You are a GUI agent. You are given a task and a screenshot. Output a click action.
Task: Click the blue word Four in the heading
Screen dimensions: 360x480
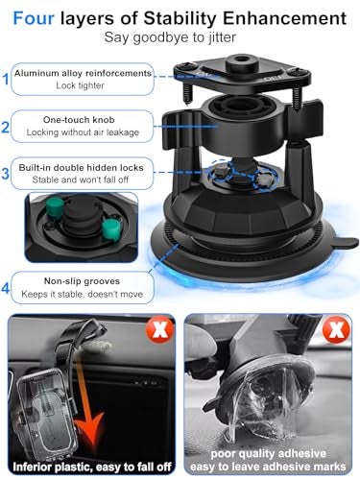click(x=34, y=18)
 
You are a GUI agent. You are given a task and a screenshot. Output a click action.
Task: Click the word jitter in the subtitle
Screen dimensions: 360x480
click(x=222, y=37)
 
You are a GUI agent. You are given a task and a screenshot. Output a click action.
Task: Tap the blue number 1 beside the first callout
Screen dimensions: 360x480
click(x=6, y=79)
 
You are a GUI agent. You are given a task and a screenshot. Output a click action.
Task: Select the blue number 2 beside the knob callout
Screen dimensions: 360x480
click(x=6, y=127)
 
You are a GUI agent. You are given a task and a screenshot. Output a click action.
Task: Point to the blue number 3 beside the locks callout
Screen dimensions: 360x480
click(x=6, y=174)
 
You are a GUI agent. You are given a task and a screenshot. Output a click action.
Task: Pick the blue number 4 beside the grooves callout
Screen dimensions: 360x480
click(x=6, y=288)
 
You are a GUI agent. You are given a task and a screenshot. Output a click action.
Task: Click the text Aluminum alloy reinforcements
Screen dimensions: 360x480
click(x=83, y=73)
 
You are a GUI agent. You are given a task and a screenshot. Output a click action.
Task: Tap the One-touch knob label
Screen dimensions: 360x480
click(x=79, y=120)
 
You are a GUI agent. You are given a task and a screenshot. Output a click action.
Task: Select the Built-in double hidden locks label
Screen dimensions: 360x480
click(x=81, y=168)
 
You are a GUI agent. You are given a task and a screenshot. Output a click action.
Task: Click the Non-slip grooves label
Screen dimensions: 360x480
click(x=82, y=281)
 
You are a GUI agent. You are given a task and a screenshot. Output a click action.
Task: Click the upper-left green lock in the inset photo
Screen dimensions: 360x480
click(x=55, y=207)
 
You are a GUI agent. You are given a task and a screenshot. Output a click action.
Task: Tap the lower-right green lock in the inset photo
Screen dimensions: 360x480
click(x=111, y=229)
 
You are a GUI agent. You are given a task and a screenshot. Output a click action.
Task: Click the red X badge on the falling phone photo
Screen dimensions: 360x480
click(x=159, y=329)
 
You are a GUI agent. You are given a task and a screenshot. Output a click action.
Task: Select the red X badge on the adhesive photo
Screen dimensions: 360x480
click(x=337, y=329)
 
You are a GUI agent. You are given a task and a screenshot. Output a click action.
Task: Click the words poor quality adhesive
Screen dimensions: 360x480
click(x=268, y=454)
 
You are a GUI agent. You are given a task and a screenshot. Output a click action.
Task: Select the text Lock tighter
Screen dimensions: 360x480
click(x=80, y=85)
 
